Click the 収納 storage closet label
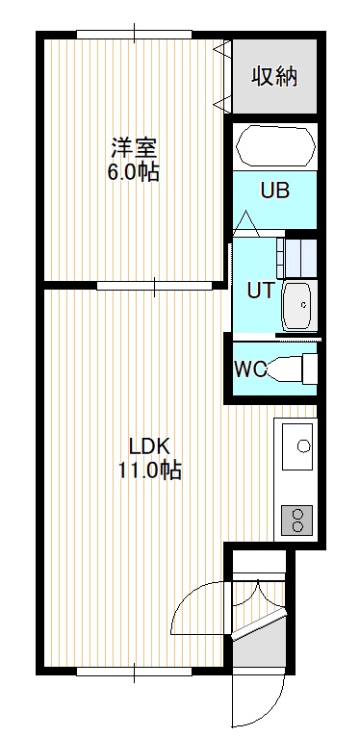pos(274,76)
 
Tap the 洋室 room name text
pos(134,148)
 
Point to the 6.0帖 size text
pos(134,172)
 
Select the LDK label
pos(149,446)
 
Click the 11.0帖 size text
pos(149,470)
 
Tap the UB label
pos(275,191)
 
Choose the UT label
pos(260,292)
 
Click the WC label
pos(250,369)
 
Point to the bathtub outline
pos(275,145)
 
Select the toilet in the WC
pos(292,369)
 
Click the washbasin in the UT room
pos(299,307)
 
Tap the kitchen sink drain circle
pos(304,445)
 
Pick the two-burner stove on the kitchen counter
pos(297,520)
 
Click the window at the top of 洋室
pos(135,35)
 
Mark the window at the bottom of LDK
pos(135,672)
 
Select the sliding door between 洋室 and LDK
pos(155,286)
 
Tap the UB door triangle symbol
pos(246,224)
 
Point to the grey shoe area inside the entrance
pos(259,648)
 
